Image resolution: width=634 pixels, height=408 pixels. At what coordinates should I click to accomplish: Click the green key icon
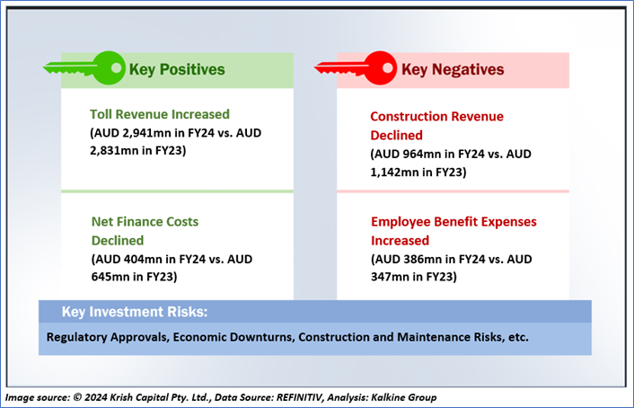[x=84, y=68]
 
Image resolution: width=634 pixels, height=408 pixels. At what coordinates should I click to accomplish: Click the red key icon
[x=355, y=68]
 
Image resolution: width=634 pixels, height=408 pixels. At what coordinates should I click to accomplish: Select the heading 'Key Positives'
[x=177, y=69]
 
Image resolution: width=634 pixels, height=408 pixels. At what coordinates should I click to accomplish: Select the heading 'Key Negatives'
[x=453, y=69]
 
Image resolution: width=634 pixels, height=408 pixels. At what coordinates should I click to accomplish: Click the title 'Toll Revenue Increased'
[x=160, y=114]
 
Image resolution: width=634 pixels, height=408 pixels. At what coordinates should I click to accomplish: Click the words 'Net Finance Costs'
[x=145, y=222]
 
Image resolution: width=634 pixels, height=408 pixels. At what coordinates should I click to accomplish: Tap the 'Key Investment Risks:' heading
[x=135, y=312]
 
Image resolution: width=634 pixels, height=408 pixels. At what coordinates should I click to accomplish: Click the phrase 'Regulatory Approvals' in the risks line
[x=108, y=337]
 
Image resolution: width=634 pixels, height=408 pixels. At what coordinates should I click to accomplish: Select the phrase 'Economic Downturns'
[x=233, y=337]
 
